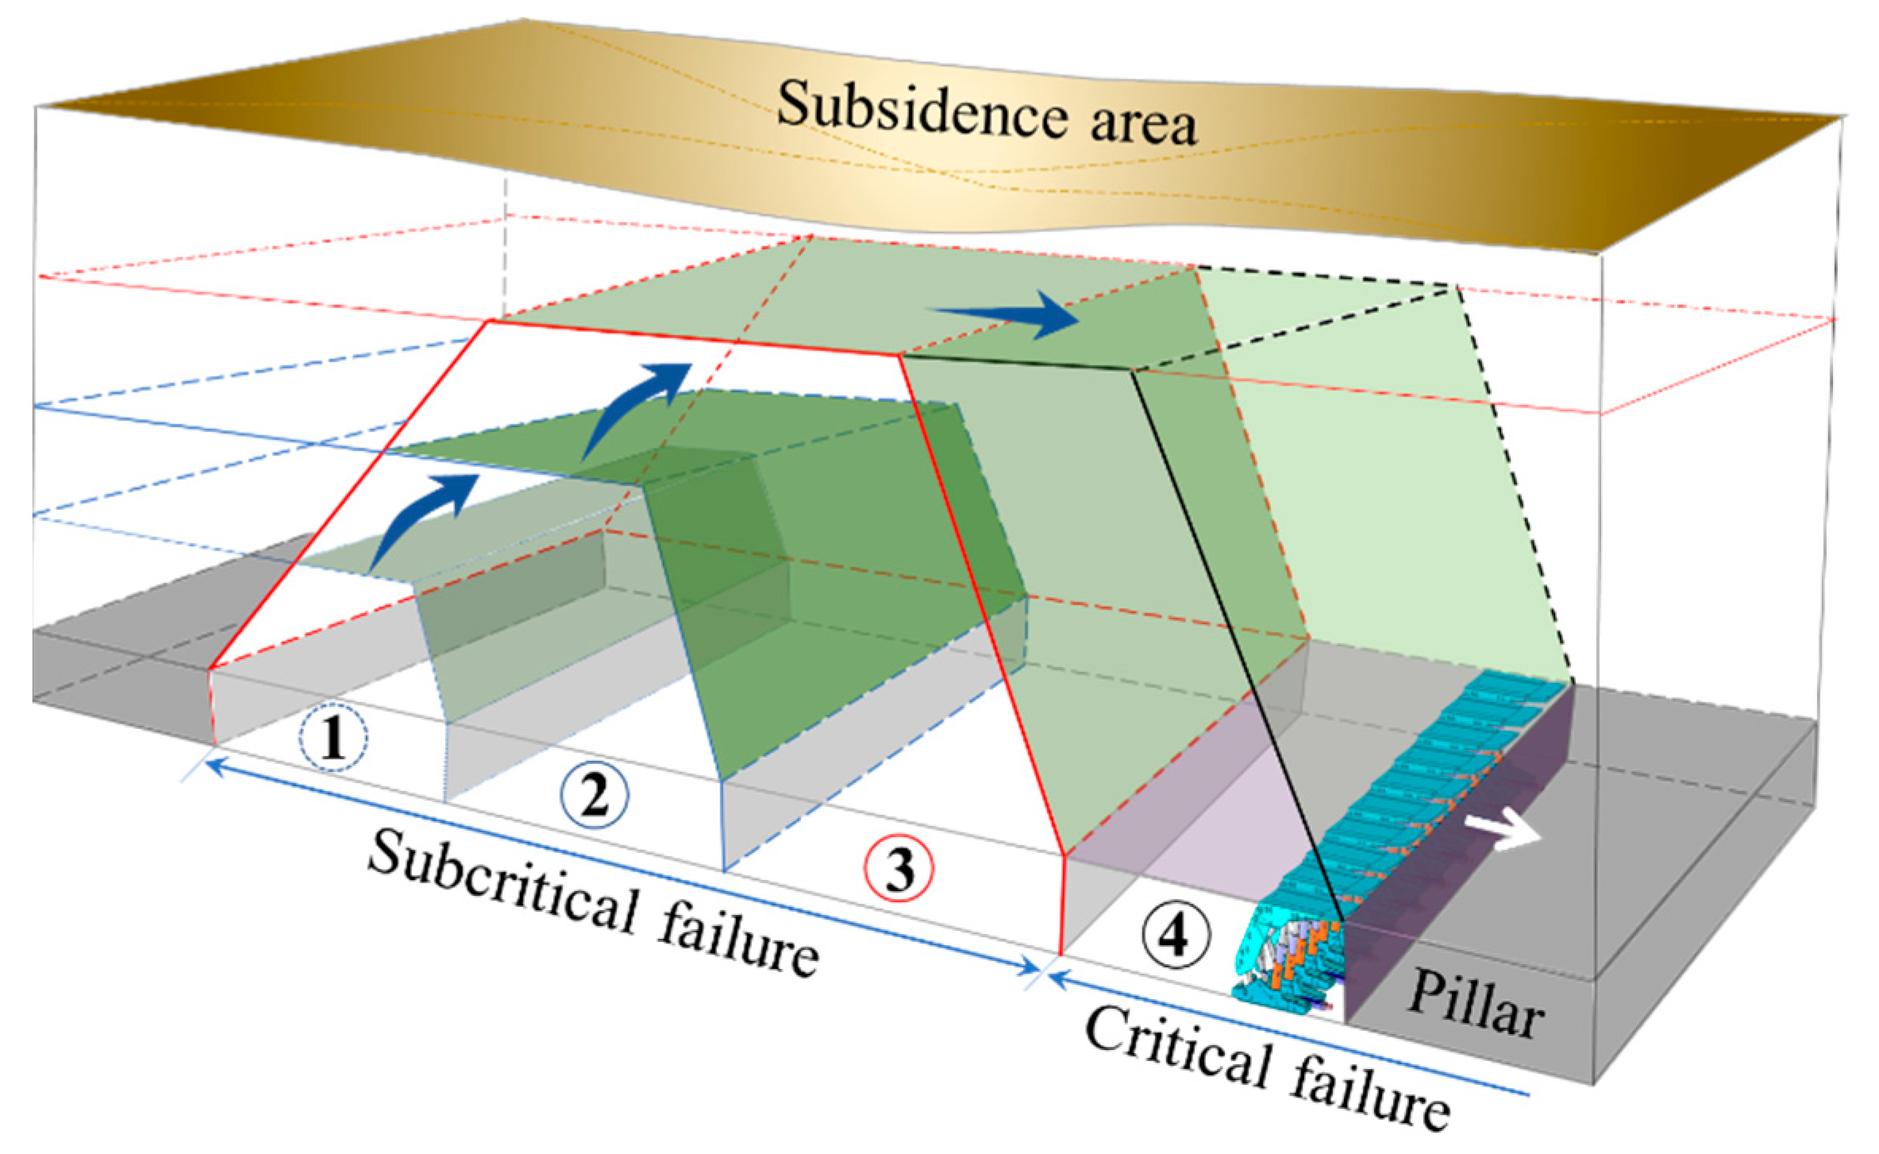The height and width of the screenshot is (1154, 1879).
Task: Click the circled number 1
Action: [x=333, y=739]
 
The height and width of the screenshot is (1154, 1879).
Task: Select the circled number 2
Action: [x=595, y=796]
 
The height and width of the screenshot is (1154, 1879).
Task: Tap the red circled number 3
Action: [x=899, y=870]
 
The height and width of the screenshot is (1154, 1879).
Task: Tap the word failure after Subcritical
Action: [x=738, y=941]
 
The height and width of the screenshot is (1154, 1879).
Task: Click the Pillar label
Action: [x=1475, y=1007]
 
